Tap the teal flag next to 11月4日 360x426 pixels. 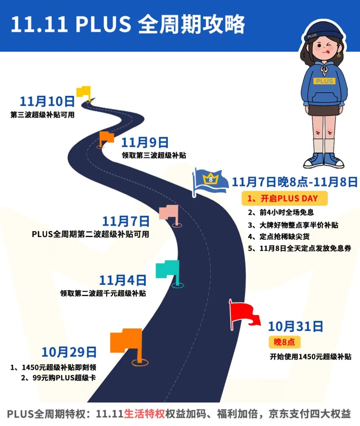tap(169, 270)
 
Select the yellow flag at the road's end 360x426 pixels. tap(84, 91)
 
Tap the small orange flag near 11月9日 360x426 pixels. tap(106, 138)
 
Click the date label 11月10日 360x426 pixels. tap(47, 101)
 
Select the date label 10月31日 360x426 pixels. tap(295, 326)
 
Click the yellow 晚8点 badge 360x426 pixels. tap(284, 342)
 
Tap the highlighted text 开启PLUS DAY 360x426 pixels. tap(284, 199)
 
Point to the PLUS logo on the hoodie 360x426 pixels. tap(324, 81)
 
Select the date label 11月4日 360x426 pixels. tap(123, 280)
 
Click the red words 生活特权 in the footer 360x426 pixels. tap(144, 414)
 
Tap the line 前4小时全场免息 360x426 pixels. tap(281, 212)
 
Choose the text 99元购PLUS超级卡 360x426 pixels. tap(59, 378)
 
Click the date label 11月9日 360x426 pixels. tap(145, 143)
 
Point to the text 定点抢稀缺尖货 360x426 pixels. tap(279, 237)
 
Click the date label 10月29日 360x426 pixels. tap(69, 352)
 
